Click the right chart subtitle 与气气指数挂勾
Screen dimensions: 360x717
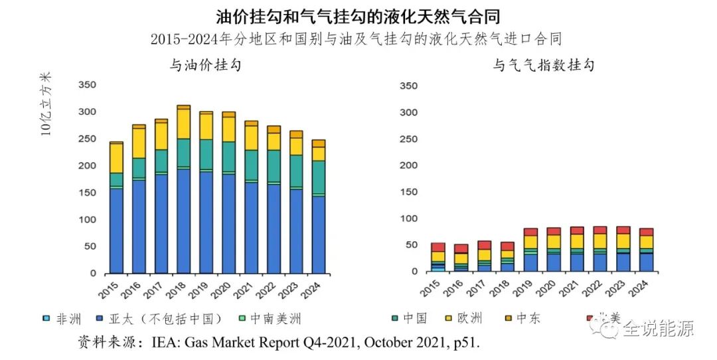click(542, 65)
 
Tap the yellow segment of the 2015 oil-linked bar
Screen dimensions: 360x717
click(116, 157)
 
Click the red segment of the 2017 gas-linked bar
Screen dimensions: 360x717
click(484, 245)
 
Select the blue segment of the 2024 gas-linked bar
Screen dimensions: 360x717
click(646, 262)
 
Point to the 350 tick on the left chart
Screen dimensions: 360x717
click(88, 85)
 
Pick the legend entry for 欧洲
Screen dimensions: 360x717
click(469, 319)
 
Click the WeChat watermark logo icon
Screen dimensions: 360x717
click(607, 327)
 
